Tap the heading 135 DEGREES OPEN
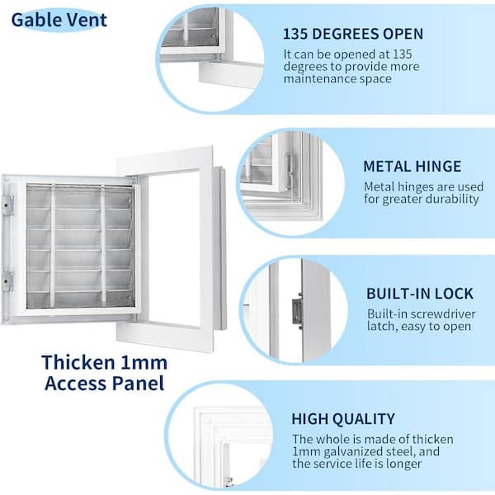(x=352, y=34)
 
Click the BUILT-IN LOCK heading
(x=420, y=294)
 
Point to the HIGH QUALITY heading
(x=343, y=419)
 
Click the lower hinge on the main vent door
(x=7, y=281)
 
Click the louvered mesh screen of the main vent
(x=78, y=247)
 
